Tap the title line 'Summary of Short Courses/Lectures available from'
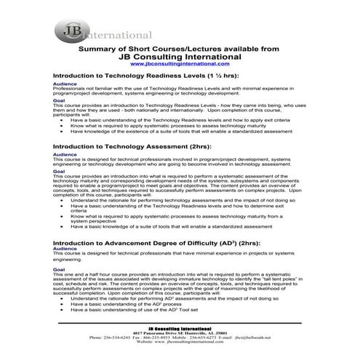pyautogui.click(x=177, y=49)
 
